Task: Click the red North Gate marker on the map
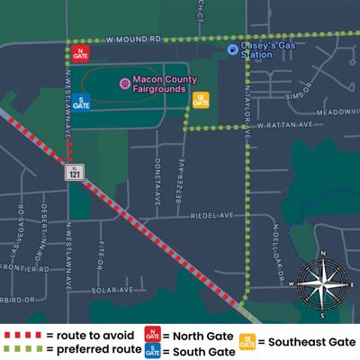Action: point(81,54)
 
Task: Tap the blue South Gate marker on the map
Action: point(81,103)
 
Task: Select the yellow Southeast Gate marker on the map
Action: point(202,99)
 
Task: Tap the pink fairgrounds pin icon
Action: point(124,84)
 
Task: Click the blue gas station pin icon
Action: point(231,49)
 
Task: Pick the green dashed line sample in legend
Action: point(24,349)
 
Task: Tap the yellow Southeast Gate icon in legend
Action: point(247,341)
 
